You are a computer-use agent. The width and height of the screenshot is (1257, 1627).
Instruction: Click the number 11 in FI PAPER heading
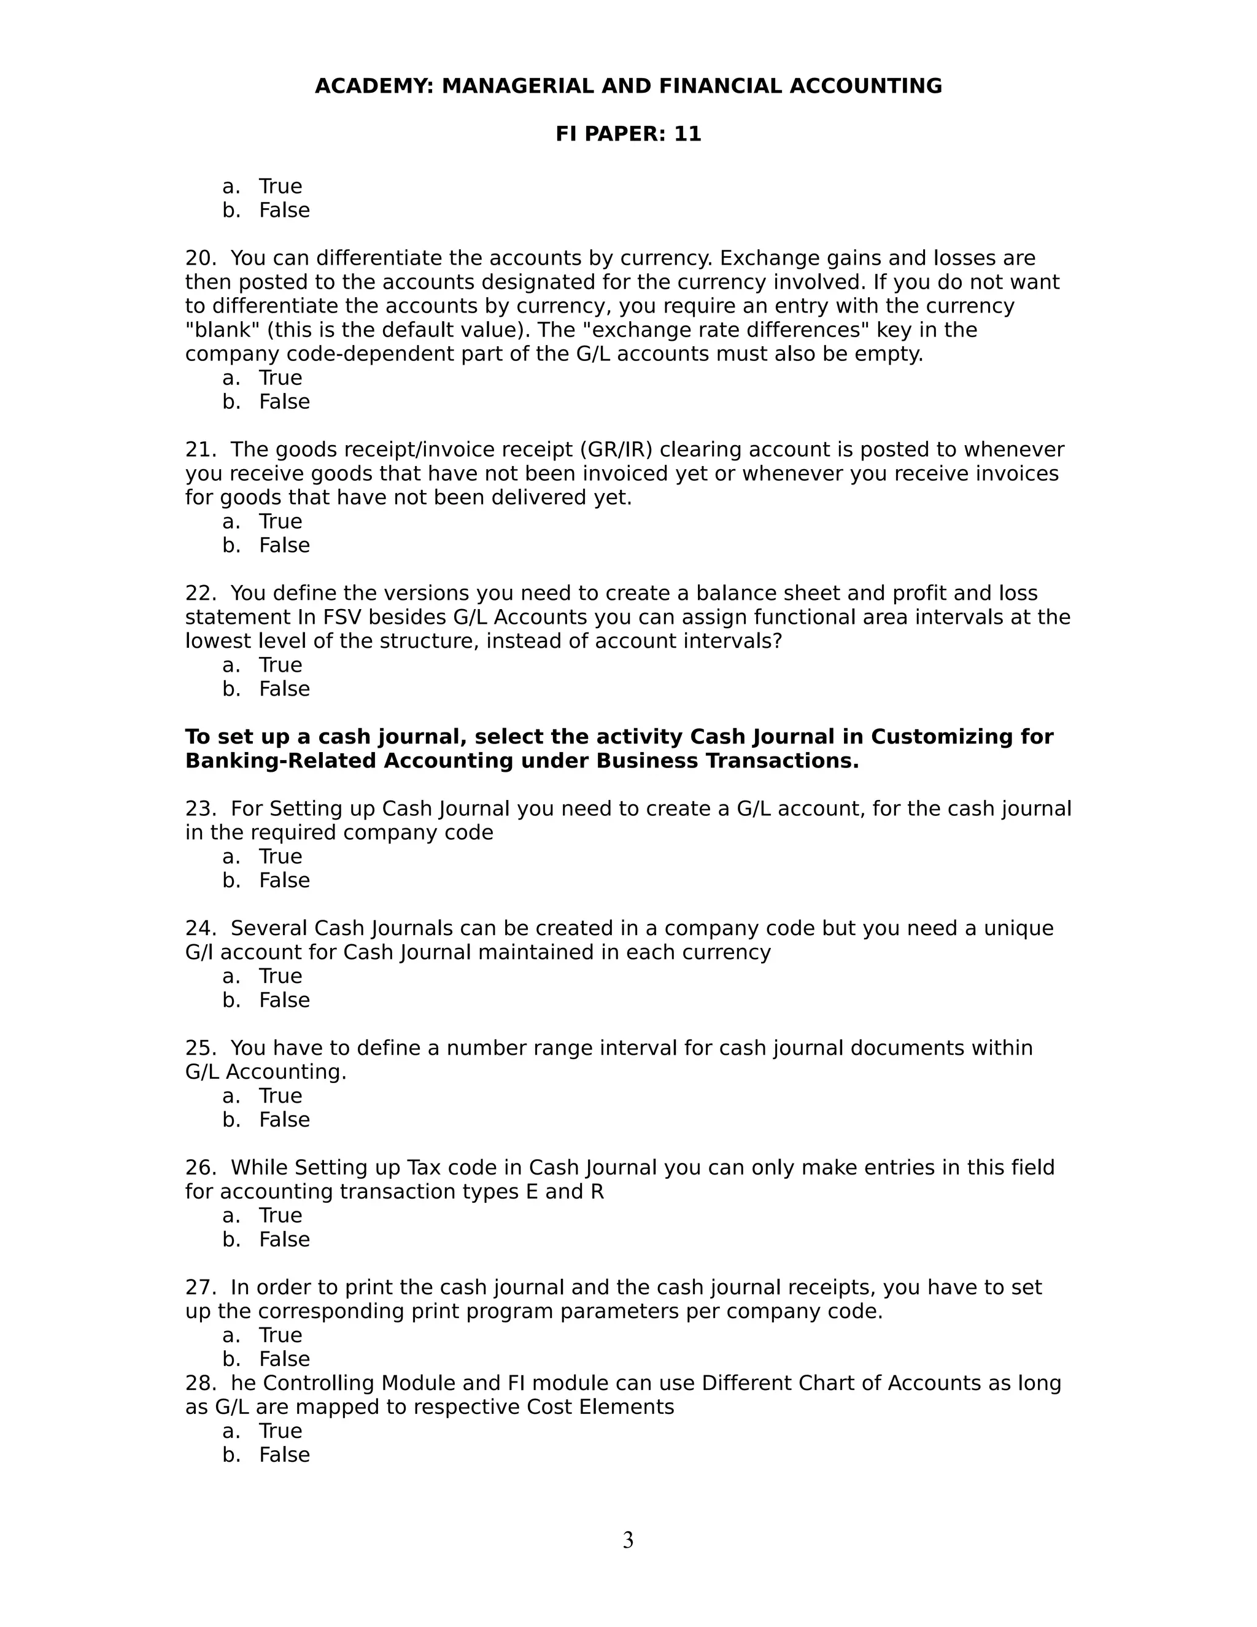687,134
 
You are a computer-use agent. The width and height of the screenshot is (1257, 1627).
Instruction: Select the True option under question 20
280,378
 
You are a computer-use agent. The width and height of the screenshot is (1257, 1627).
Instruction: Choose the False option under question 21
284,545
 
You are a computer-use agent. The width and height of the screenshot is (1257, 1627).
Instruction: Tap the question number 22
199,594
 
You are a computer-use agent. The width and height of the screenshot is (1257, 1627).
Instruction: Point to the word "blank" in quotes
217,330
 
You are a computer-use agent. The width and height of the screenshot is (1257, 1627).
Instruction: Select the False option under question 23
284,880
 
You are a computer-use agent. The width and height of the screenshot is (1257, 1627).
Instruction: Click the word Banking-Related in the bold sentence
283,761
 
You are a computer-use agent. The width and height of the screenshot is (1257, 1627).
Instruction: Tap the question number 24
199,929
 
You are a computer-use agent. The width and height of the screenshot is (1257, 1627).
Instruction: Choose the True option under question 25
280,1096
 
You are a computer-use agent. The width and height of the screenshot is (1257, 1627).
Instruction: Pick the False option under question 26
284,1240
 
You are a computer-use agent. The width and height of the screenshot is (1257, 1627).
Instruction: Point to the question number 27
199,1287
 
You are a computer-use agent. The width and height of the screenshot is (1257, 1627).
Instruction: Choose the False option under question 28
284,1455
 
